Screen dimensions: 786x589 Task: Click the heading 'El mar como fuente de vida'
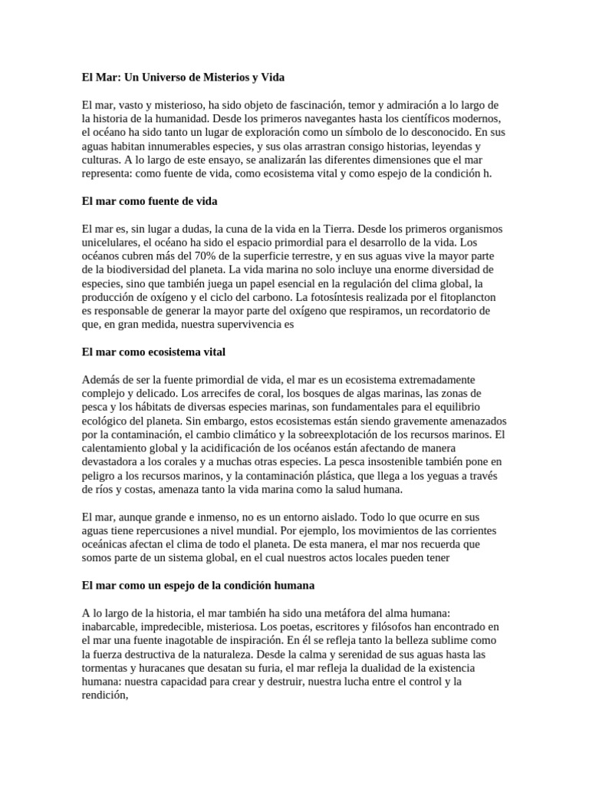coord(150,201)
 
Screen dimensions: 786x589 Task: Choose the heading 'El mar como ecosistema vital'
coord(153,352)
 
